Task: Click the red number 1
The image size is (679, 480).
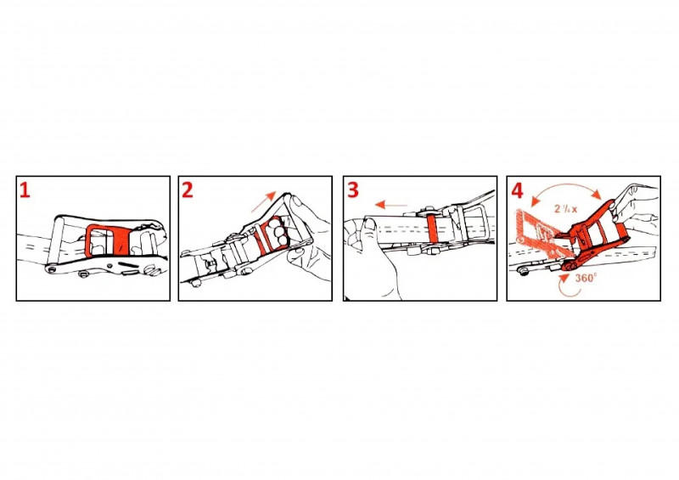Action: (25, 190)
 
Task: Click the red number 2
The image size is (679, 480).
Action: (187, 190)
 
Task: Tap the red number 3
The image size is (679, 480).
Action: (352, 190)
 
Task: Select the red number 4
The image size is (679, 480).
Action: (517, 190)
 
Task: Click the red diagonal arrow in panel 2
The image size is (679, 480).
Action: (263, 201)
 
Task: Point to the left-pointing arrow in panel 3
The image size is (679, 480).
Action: (391, 205)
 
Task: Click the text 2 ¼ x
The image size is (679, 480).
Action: (565, 208)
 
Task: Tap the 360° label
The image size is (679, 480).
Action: (586, 278)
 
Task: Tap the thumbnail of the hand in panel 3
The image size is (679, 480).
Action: (369, 224)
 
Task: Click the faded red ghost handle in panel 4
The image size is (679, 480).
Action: (537, 232)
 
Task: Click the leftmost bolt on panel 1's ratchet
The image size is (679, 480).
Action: (53, 269)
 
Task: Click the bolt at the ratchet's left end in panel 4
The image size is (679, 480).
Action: (521, 272)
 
